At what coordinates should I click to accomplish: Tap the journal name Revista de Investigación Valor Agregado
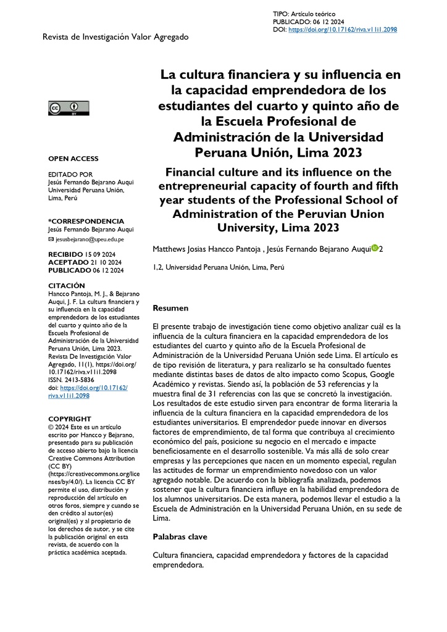[115, 37]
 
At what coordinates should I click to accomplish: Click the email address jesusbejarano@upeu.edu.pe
[90, 239]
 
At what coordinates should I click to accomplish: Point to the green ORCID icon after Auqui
[375, 248]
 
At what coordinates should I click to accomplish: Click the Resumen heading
[170, 307]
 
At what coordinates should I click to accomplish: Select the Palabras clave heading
[180, 537]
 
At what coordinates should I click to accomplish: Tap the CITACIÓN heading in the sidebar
[66, 286]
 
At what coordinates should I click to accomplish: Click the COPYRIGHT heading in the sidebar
[70, 418]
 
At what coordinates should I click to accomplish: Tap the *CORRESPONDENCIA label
[86, 221]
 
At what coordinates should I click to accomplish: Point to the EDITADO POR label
[70, 175]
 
